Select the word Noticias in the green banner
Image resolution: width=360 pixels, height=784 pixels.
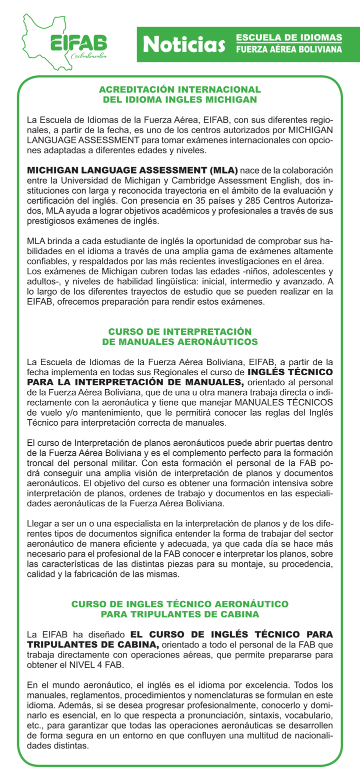tap(182, 45)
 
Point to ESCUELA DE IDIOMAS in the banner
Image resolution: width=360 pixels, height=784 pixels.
tap(289, 38)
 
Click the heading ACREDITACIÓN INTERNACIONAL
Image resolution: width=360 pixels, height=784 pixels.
tap(180, 90)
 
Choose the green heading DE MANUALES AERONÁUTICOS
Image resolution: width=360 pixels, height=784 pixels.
tap(180, 341)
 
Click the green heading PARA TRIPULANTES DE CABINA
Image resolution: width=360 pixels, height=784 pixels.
tap(180, 614)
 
